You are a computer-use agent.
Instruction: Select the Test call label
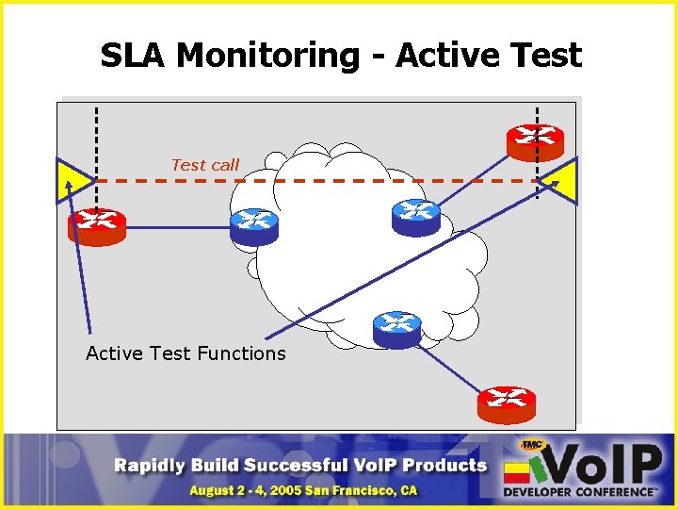[x=205, y=165]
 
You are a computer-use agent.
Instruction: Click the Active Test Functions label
[x=186, y=353]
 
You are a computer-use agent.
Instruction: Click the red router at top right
[x=535, y=140]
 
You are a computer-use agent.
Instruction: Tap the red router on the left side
[x=96, y=226]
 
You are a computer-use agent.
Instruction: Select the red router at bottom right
[x=506, y=403]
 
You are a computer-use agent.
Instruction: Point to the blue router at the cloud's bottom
[x=396, y=327]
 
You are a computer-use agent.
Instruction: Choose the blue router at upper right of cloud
[x=415, y=216]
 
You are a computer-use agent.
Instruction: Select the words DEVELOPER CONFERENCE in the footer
[x=579, y=491]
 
